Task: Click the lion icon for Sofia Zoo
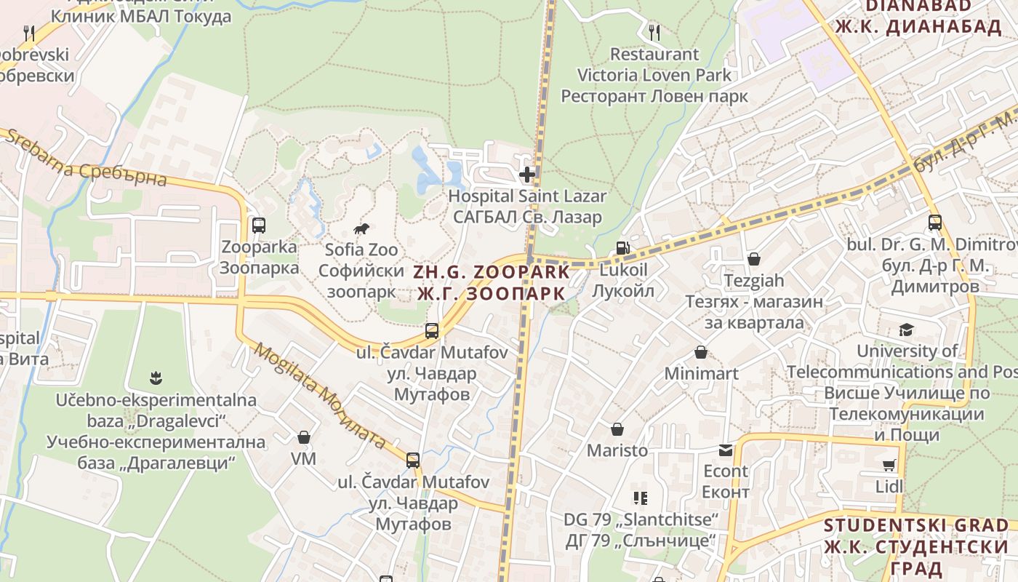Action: [x=361, y=229]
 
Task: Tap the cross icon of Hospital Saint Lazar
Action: [x=527, y=175]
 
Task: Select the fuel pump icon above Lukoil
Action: [x=622, y=248]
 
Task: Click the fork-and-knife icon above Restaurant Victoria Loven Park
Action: [x=654, y=32]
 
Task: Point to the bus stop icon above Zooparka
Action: [x=259, y=226]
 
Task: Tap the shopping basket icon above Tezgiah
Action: [x=754, y=259]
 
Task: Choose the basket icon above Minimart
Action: [x=701, y=353]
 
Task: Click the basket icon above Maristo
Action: [x=617, y=429]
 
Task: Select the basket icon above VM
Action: [x=304, y=437]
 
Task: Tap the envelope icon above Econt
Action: [x=726, y=450]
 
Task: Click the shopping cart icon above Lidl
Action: [x=889, y=465]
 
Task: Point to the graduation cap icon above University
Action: [x=906, y=330]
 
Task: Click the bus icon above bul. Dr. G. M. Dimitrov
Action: [x=935, y=223]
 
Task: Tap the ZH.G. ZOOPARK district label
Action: [x=492, y=282]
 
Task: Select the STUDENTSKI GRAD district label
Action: [x=916, y=546]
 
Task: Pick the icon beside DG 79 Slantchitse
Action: [x=641, y=498]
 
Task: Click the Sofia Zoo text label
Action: [x=361, y=250]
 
